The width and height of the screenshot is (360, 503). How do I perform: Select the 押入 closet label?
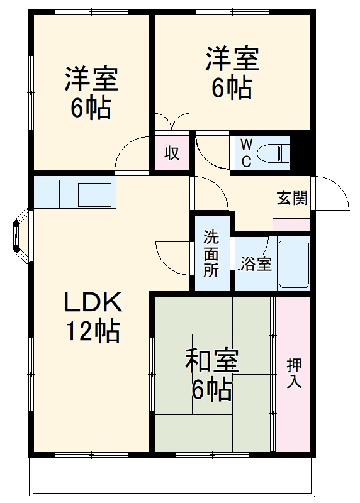(x=293, y=372)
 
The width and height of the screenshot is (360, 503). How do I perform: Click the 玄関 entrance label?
(x=292, y=198)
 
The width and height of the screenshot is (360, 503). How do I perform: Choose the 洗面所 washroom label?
(x=211, y=255)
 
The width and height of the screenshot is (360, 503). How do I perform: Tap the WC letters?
(x=246, y=152)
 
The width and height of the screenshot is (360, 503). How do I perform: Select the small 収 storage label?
(x=172, y=153)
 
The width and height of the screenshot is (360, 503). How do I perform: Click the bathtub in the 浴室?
(x=293, y=263)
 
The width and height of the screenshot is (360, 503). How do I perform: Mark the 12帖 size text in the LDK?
(x=92, y=331)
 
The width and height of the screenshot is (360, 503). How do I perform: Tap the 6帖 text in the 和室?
(x=211, y=391)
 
